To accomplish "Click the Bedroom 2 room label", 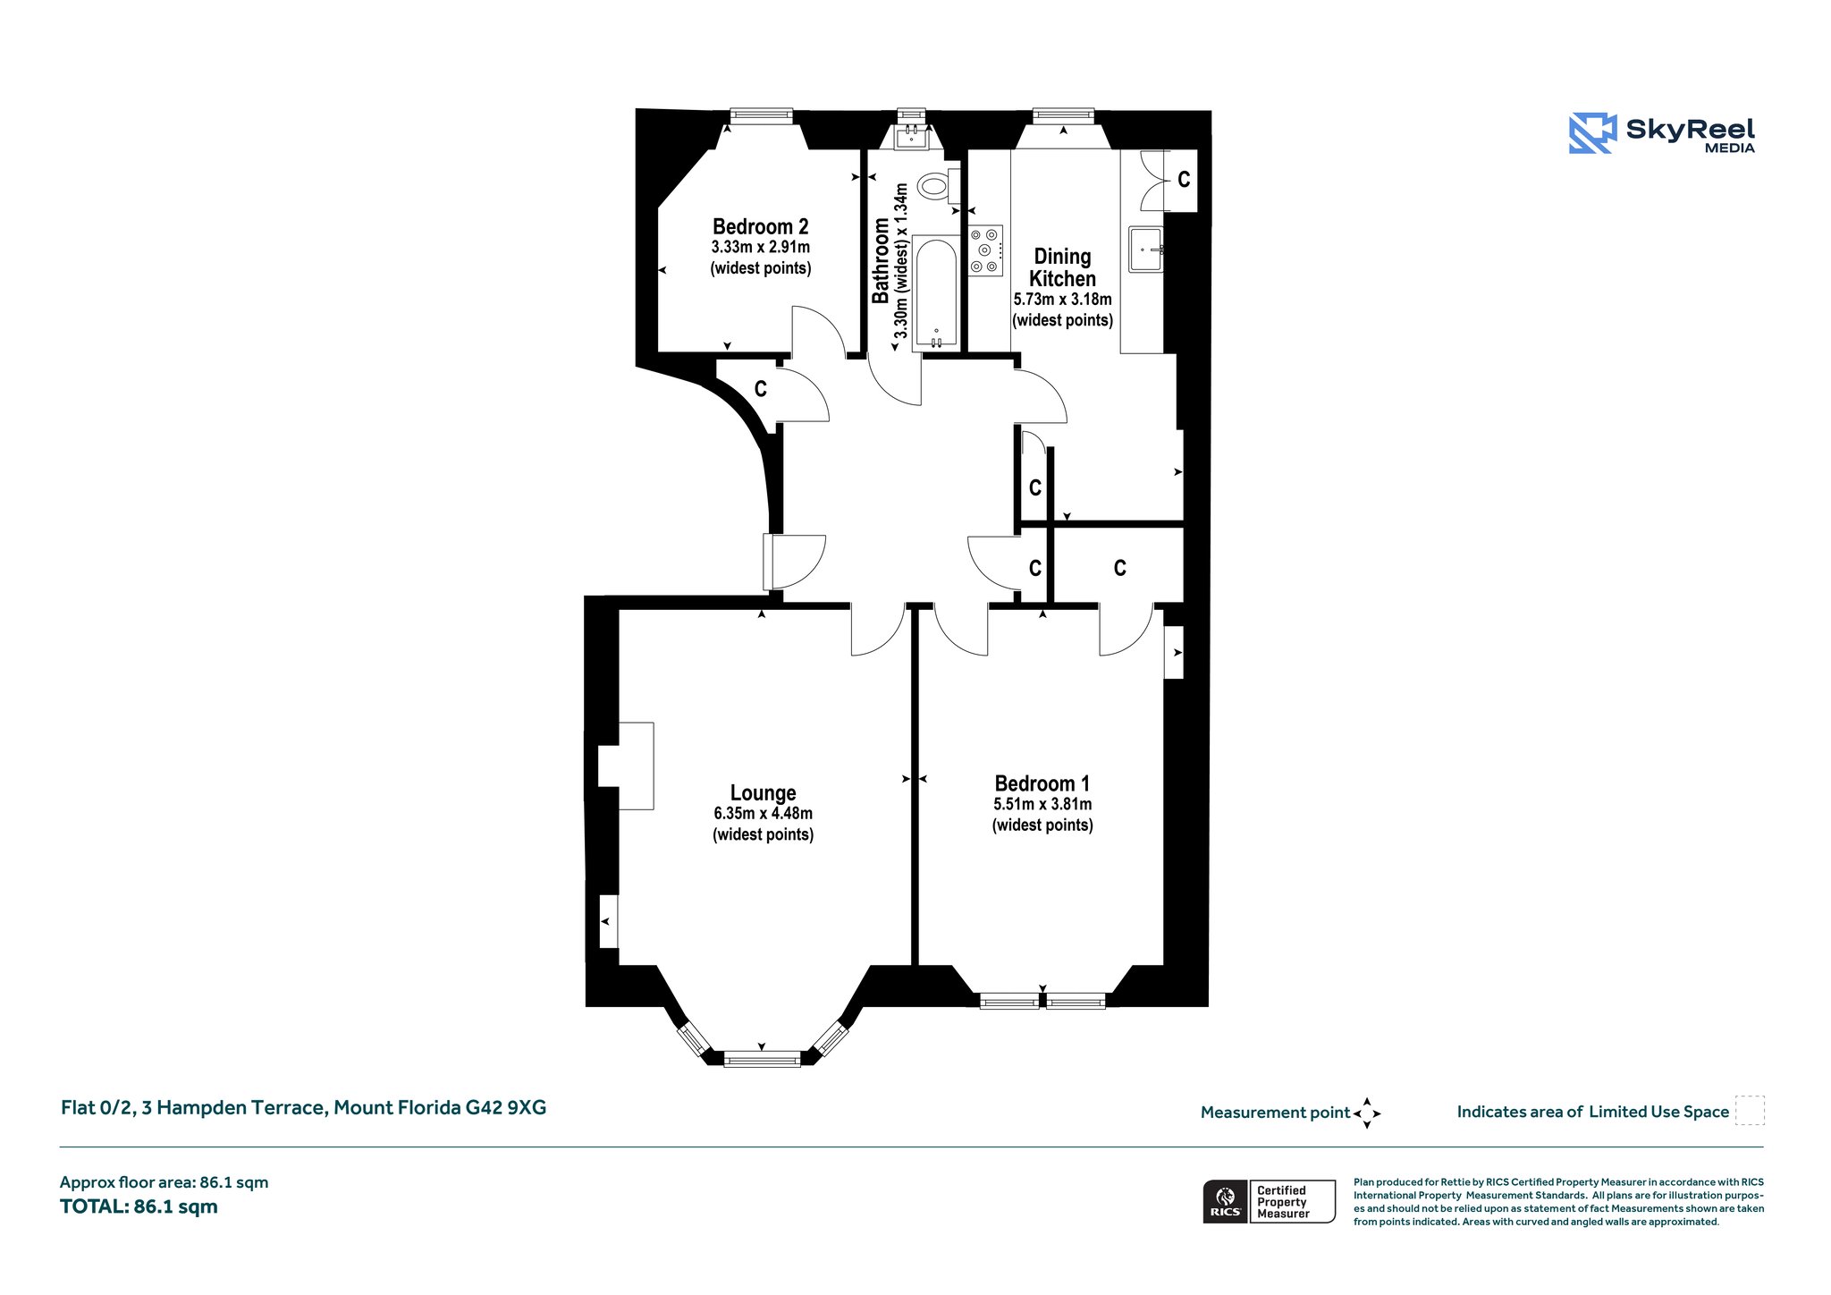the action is (761, 226).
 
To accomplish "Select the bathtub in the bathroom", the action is (935, 293).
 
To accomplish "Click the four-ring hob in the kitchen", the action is (986, 250).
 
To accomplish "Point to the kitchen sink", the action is (1146, 248).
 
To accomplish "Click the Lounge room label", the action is (763, 792).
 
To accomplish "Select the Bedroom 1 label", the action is (1042, 783).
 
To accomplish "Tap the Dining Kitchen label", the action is (1062, 267).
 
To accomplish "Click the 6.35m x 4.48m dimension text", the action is (763, 814).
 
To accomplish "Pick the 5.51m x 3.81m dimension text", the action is (1042, 805).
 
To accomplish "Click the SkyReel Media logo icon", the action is (1592, 133).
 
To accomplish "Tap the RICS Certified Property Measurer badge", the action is (1270, 1201).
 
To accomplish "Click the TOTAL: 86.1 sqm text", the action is (139, 1206).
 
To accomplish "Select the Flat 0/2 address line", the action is (303, 1108).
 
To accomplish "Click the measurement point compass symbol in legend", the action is (1367, 1113).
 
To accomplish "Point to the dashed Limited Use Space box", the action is (1750, 1110).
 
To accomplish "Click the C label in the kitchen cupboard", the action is (1184, 180).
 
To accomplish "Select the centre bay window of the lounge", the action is (762, 1060).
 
